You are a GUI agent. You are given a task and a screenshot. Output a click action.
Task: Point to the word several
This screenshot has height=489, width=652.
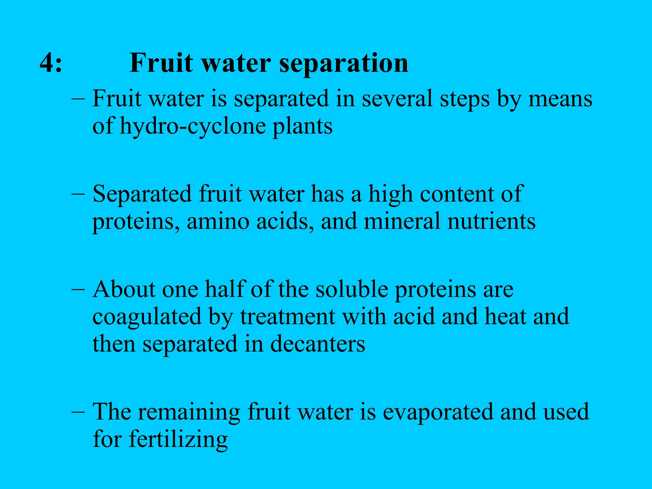tap(397, 99)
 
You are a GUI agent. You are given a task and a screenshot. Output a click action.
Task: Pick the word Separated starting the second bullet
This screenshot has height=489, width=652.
tap(142, 194)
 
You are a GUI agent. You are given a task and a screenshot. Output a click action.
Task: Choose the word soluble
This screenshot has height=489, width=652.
tap(351, 290)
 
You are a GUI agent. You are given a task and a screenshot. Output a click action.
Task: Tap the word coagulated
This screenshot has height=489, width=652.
tap(147, 317)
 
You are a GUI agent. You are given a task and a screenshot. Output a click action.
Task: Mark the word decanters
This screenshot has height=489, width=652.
tap(317, 344)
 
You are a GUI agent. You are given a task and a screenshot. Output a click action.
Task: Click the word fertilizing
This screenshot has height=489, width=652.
tap(178, 440)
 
